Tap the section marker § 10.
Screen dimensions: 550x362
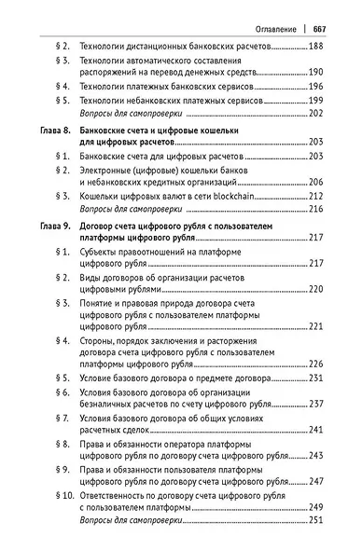point(60,497)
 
